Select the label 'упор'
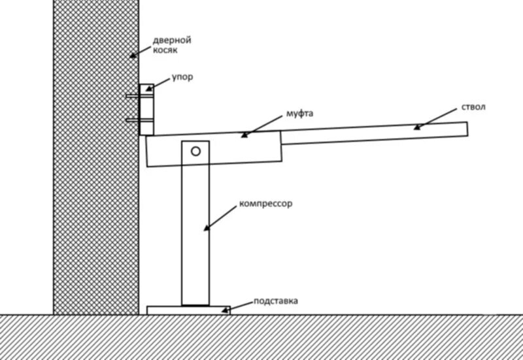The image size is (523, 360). click(182, 77)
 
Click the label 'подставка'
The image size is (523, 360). click(277, 301)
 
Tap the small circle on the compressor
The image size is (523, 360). click(195, 151)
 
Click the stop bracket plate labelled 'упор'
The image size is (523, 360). click(147, 110)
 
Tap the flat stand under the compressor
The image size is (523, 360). click(188, 310)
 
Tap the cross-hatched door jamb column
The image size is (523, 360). click(96, 196)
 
